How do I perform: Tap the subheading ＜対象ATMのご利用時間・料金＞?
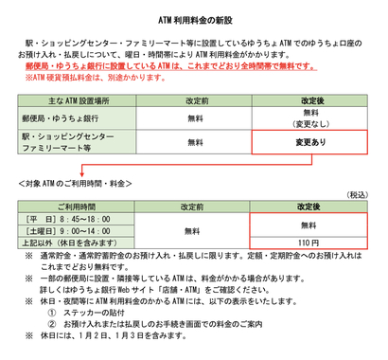point(76,182)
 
